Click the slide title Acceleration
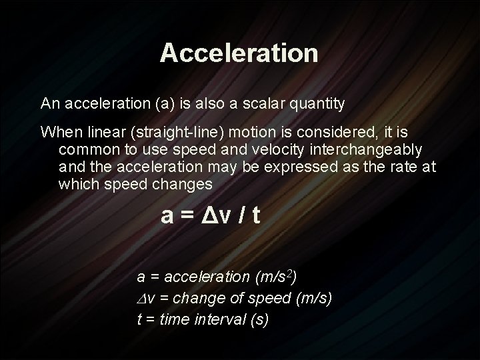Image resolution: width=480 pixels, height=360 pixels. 239,53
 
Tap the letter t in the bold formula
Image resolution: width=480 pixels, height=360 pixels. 256,216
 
